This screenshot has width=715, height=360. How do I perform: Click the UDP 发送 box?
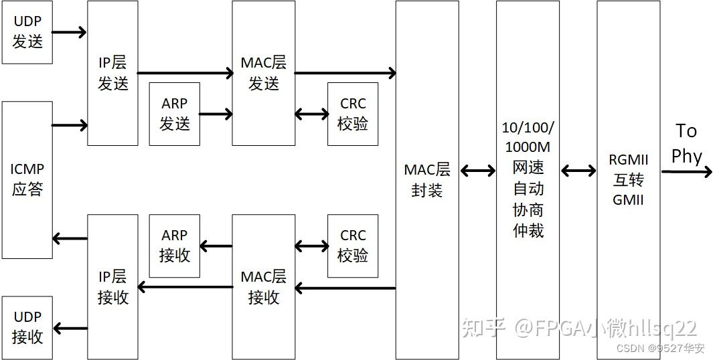pyautogui.click(x=27, y=32)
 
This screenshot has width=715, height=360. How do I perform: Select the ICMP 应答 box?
pyautogui.click(x=27, y=180)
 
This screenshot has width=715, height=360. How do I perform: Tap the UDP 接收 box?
pyautogui.click(x=27, y=328)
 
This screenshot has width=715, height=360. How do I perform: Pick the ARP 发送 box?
pyautogui.click(x=174, y=114)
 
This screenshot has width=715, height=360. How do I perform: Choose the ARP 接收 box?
pyautogui.click(x=174, y=246)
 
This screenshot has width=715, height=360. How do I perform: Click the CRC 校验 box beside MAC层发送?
pyautogui.click(x=353, y=114)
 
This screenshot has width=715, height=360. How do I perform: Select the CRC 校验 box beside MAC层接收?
pyautogui.click(x=353, y=246)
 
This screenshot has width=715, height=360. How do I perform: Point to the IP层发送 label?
pyautogui.click(x=112, y=73)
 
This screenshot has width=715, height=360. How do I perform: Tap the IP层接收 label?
pyautogui.click(x=112, y=287)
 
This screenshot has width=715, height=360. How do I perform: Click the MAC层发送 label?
pyautogui.click(x=264, y=73)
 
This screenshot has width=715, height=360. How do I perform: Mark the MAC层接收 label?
pyautogui.click(x=264, y=287)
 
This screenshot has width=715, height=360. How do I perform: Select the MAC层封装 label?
pyautogui.click(x=427, y=180)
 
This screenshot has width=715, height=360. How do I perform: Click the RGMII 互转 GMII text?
pyautogui.click(x=628, y=180)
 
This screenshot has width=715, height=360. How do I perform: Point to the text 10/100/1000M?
pyautogui.click(x=528, y=137)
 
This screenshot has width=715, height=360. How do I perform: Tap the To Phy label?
pyautogui.click(x=686, y=144)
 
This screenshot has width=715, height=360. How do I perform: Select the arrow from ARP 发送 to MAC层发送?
pyautogui.click(x=216, y=114)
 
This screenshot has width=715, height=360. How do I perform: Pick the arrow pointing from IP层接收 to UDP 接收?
pyautogui.click(x=70, y=328)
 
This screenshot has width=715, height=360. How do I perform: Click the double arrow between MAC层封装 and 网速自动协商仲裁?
pyautogui.click(x=477, y=171)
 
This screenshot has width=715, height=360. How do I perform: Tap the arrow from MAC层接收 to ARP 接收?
pyautogui.click(x=216, y=246)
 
